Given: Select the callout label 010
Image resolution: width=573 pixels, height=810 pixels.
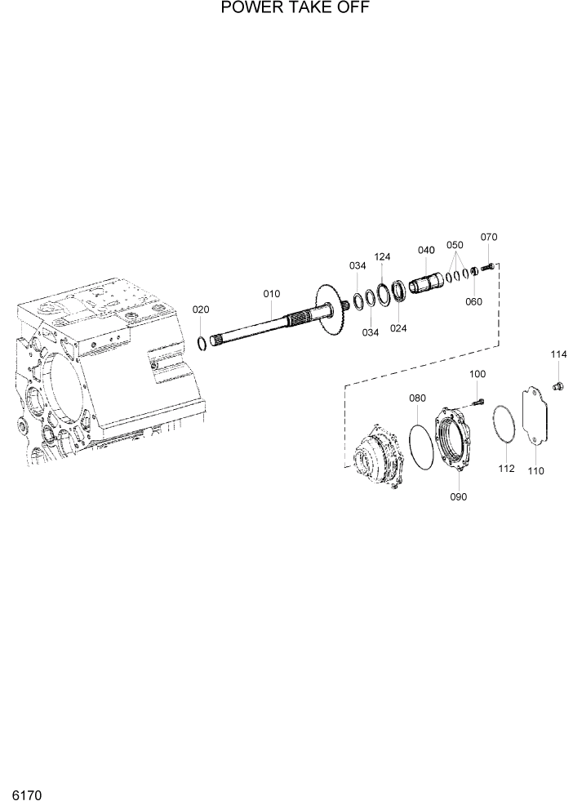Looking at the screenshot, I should [271, 293].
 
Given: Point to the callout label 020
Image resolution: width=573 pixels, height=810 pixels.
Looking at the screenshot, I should [201, 309].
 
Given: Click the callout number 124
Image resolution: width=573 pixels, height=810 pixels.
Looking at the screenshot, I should [382, 256].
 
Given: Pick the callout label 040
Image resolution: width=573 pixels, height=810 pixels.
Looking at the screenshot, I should [426, 250].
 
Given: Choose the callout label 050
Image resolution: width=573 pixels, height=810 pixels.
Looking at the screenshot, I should [455, 245].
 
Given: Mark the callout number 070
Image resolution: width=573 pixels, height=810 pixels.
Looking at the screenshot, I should [488, 238].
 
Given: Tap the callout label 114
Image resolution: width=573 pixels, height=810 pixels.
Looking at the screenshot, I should [557, 354].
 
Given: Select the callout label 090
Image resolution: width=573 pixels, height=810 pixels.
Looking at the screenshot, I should [459, 497].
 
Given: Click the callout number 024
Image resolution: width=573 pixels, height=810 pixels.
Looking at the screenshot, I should [398, 329].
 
